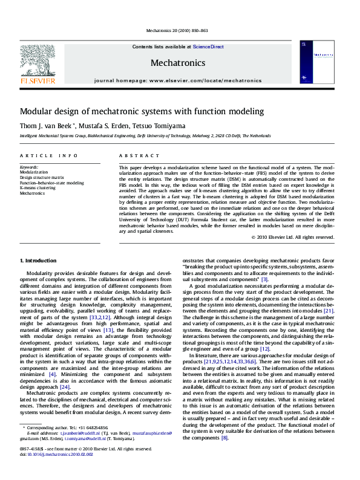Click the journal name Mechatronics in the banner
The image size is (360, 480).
(x=177, y=63)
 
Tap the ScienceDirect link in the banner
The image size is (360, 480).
(x=208, y=47)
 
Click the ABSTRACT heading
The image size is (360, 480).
(x=139, y=155)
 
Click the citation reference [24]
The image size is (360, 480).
(x=82, y=370)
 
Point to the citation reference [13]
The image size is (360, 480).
(x=108, y=313)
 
